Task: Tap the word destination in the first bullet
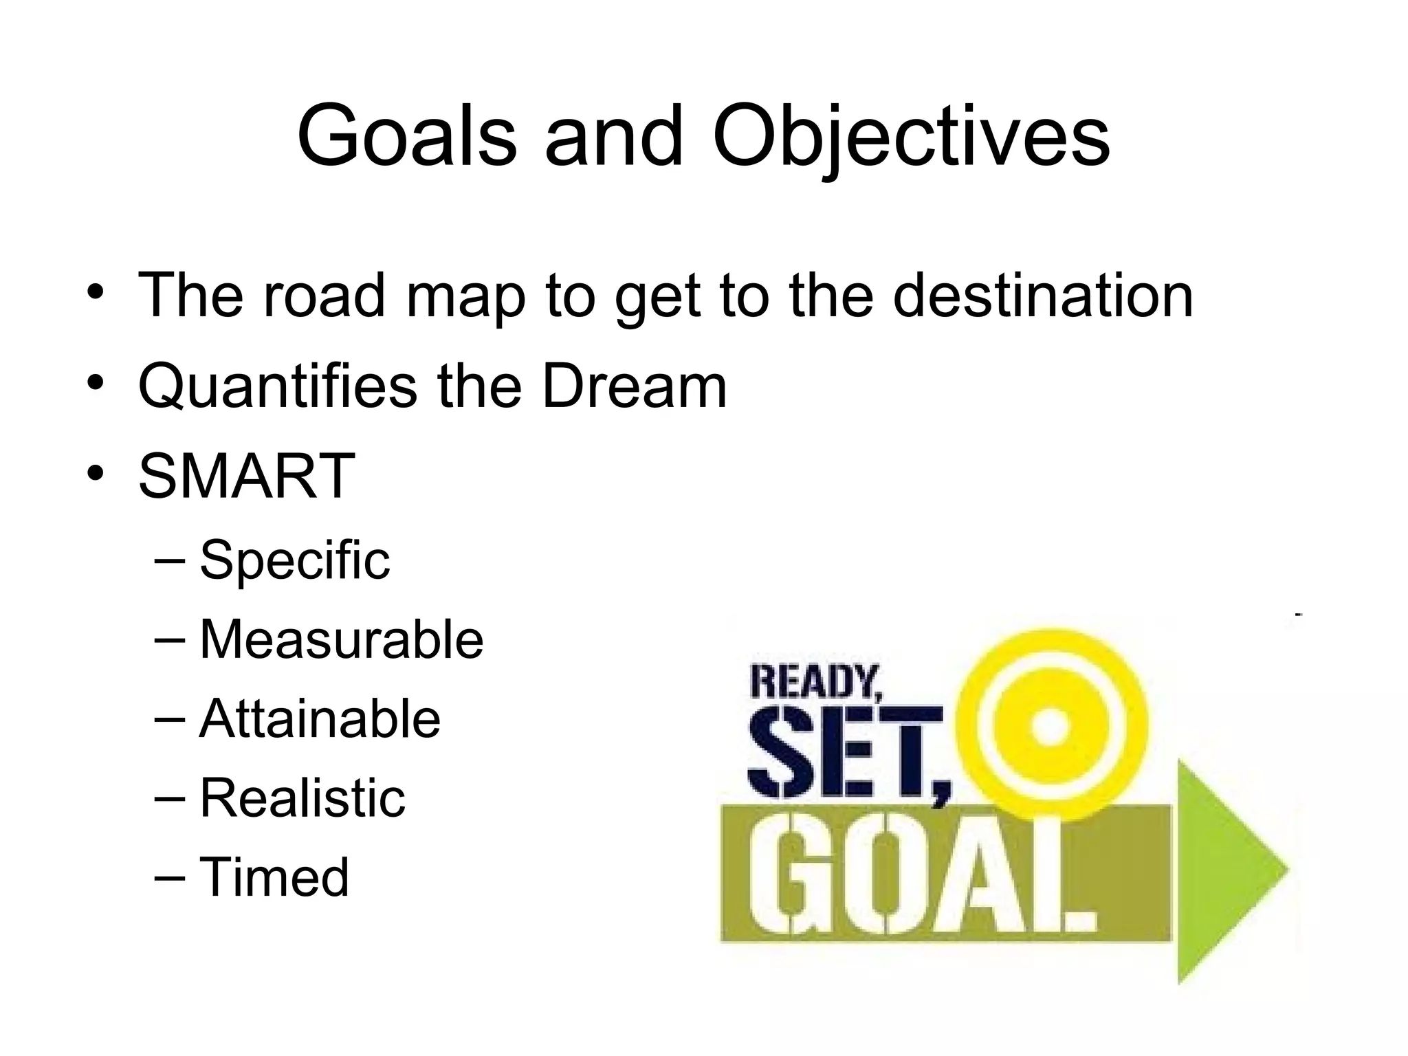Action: coord(1043,296)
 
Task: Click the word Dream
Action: coord(634,386)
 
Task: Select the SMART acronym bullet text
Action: coord(247,476)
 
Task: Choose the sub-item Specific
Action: coord(294,560)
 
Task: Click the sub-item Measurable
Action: coord(341,639)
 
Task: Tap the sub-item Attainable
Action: coord(320,719)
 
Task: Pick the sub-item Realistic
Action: coord(302,798)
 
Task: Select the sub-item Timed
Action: coord(274,877)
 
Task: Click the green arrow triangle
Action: coord(1224,870)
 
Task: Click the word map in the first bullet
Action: coord(466,296)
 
